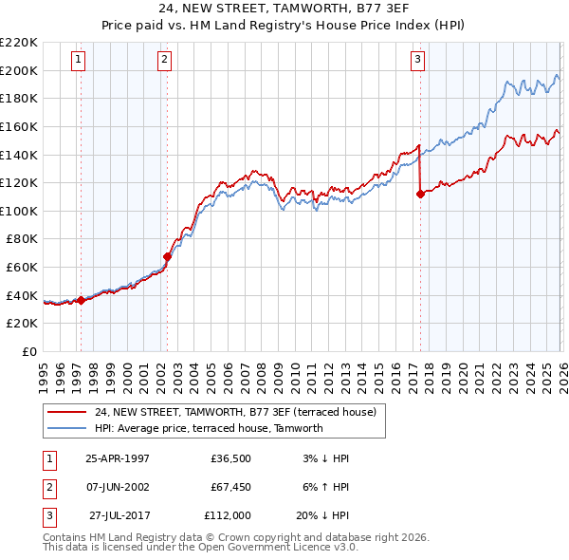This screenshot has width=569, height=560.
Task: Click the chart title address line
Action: point(284,10)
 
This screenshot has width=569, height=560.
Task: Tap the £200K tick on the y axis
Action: point(19,70)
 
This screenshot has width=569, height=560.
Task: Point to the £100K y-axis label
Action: point(19,211)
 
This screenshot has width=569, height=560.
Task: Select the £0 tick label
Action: point(28,351)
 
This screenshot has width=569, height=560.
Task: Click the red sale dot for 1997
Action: point(81,300)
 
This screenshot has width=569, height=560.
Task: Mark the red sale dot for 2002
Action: point(167,256)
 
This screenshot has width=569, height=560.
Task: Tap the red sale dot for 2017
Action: point(420,194)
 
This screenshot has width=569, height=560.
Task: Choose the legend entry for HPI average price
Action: point(209,428)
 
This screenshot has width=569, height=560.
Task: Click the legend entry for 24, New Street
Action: point(235,412)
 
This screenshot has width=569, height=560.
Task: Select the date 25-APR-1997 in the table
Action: point(118,458)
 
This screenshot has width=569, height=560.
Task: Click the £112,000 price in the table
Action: point(228,515)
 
